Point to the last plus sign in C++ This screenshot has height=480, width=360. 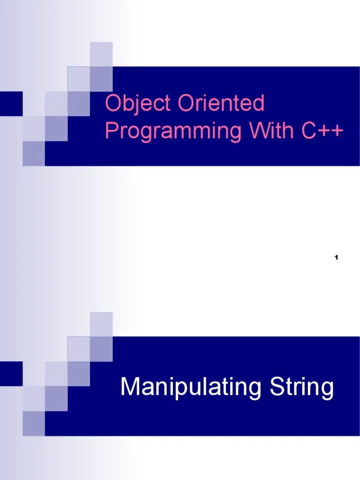click(337, 131)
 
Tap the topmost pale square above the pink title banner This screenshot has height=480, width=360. click(101, 54)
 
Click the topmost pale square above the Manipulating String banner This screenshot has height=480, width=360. click(101, 324)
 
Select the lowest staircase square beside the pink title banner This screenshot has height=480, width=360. click(34, 154)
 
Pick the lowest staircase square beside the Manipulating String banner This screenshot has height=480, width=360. click(34, 424)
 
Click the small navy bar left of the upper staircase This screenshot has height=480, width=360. click(11, 103)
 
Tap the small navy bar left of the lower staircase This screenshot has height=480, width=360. click(11, 373)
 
